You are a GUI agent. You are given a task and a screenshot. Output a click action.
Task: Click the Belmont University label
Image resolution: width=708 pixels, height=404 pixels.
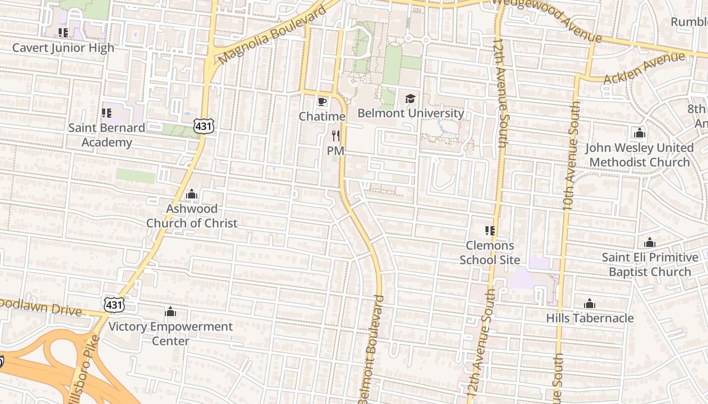(410, 113)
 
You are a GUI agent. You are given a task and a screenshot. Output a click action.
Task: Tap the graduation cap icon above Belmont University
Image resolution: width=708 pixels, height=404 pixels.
(410, 98)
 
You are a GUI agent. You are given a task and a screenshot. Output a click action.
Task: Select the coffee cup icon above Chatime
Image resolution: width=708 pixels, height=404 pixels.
(322, 102)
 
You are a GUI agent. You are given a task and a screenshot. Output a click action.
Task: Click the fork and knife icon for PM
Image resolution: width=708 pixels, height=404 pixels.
(335, 136)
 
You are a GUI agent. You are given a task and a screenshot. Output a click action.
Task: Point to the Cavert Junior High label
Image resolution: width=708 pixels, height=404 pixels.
(63, 48)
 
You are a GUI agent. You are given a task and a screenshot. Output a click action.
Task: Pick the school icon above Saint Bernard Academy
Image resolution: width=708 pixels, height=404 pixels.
(106, 113)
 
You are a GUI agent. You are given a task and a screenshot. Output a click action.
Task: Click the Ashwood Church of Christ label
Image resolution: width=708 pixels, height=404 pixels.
(192, 216)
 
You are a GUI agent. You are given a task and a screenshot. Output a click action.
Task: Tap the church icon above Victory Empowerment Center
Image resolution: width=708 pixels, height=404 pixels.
(170, 312)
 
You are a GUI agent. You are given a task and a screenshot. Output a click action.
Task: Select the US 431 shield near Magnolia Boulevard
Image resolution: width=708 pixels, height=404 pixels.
(203, 126)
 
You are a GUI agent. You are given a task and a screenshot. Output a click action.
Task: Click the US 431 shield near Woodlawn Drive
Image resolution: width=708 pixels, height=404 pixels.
(114, 305)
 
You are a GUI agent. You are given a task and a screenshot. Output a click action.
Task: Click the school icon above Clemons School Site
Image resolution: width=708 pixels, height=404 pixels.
(490, 231)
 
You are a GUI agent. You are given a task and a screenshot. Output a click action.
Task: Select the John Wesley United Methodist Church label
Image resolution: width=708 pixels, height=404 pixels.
(639, 155)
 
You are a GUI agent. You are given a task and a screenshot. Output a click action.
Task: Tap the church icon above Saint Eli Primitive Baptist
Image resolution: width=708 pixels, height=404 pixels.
(650, 243)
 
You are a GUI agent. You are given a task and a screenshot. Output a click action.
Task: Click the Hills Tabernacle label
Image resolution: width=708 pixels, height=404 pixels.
(590, 318)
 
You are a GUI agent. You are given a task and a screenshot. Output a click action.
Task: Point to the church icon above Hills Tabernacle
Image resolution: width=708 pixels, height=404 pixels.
(590, 304)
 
